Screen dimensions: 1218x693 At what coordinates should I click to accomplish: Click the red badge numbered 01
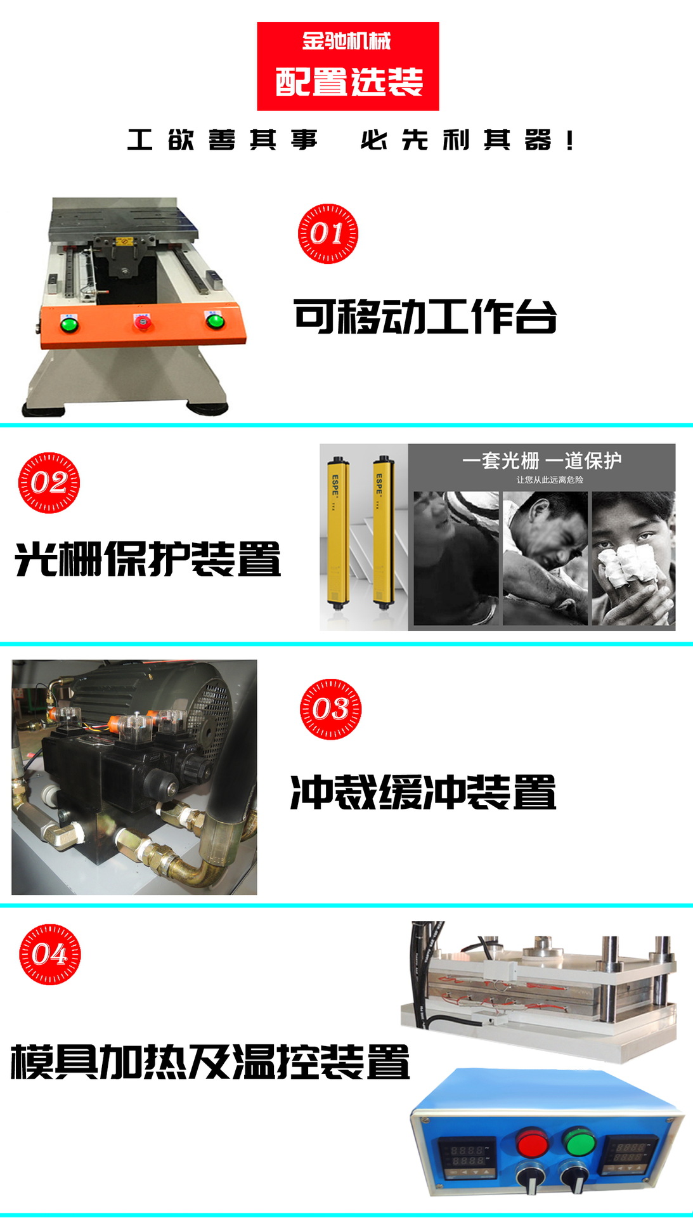coord(328,233)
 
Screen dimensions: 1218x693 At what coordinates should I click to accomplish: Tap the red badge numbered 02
coord(49,483)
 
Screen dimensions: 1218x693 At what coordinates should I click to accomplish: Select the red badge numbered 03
coord(330,709)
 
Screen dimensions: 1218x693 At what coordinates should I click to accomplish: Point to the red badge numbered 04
coord(50,954)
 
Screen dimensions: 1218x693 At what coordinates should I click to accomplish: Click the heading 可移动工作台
coord(425,316)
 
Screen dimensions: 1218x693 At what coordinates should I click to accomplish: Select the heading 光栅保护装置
coord(148,559)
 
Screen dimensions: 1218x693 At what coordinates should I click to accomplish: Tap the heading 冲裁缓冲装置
coord(423,792)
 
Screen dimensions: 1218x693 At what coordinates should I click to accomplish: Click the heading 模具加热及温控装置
coord(210,1061)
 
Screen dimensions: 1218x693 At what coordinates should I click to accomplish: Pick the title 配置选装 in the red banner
coord(349,82)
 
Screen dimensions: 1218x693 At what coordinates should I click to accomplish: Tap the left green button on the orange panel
coord(68,325)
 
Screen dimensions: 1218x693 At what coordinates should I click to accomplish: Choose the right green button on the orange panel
coord(215,320)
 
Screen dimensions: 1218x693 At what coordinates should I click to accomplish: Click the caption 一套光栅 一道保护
coord(541,461)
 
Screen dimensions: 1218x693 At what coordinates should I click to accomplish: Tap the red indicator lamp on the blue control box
coord(531,1143)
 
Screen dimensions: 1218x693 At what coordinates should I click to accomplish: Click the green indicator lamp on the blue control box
coord(579,1142)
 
